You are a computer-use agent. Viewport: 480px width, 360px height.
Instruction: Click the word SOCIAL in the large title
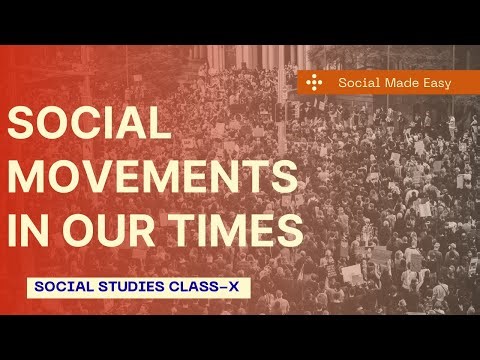tap(89, 124)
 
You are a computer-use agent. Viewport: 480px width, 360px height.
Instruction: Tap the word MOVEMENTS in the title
tap(153, 177)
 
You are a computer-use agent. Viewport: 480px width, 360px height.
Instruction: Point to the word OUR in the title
tap(106, 231)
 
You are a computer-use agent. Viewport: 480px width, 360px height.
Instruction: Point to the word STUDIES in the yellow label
tap(131, 286)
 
